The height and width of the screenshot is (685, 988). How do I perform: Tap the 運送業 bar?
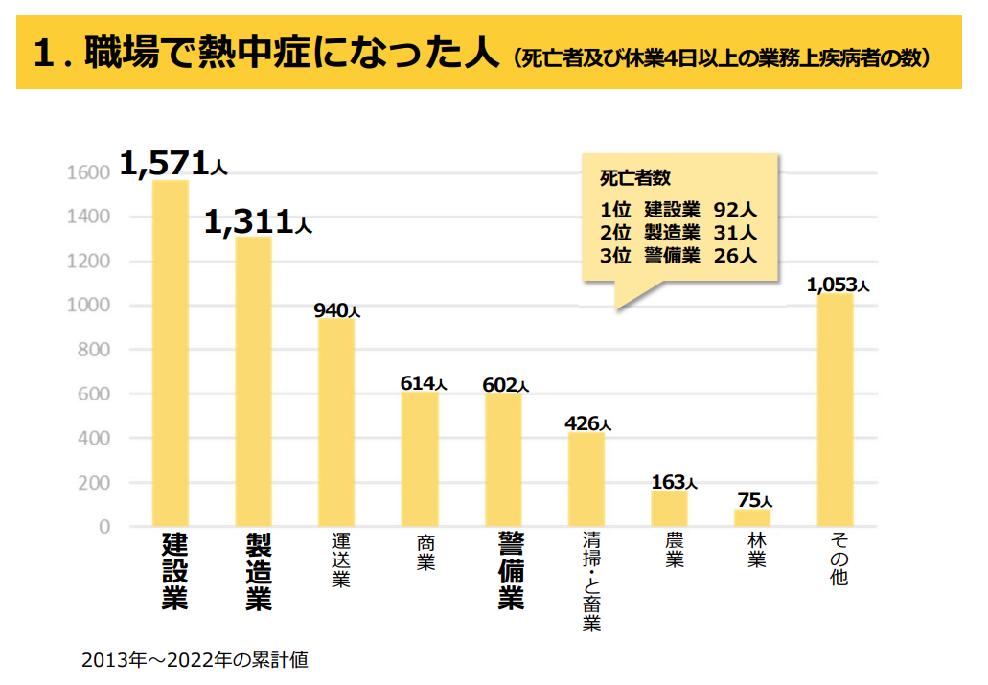(x=336, y=422)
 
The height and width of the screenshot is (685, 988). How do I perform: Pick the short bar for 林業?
(x=752, y=517)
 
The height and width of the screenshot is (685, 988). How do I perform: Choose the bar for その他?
(x=835, y=410)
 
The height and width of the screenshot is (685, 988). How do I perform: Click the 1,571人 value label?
(x=172, y=166)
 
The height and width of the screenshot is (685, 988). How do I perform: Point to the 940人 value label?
(x=336, y=310)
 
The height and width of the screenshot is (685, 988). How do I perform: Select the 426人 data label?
(x=586, y=422)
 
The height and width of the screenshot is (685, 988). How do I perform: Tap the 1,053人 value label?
(x=838, y=285)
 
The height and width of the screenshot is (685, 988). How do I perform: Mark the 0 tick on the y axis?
(x=104, y=527)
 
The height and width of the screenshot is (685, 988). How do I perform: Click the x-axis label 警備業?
(x=511, y=571)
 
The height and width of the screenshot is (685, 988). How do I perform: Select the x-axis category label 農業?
(x=675, y=550)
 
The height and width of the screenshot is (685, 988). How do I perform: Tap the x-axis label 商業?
(x=425, y=551)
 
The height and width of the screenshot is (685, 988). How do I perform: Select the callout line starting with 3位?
(x=678, y=255)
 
